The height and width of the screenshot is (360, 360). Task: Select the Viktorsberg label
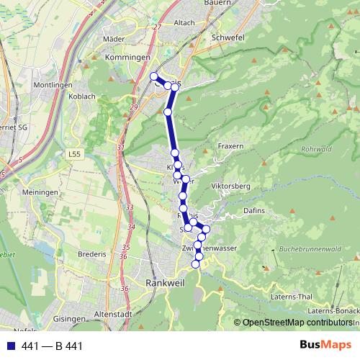[x=230, y=186]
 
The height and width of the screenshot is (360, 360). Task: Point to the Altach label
[x=184, y=22]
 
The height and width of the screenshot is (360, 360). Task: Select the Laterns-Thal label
[x=291, y=297]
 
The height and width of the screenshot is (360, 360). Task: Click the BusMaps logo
[x=325, y=346]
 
